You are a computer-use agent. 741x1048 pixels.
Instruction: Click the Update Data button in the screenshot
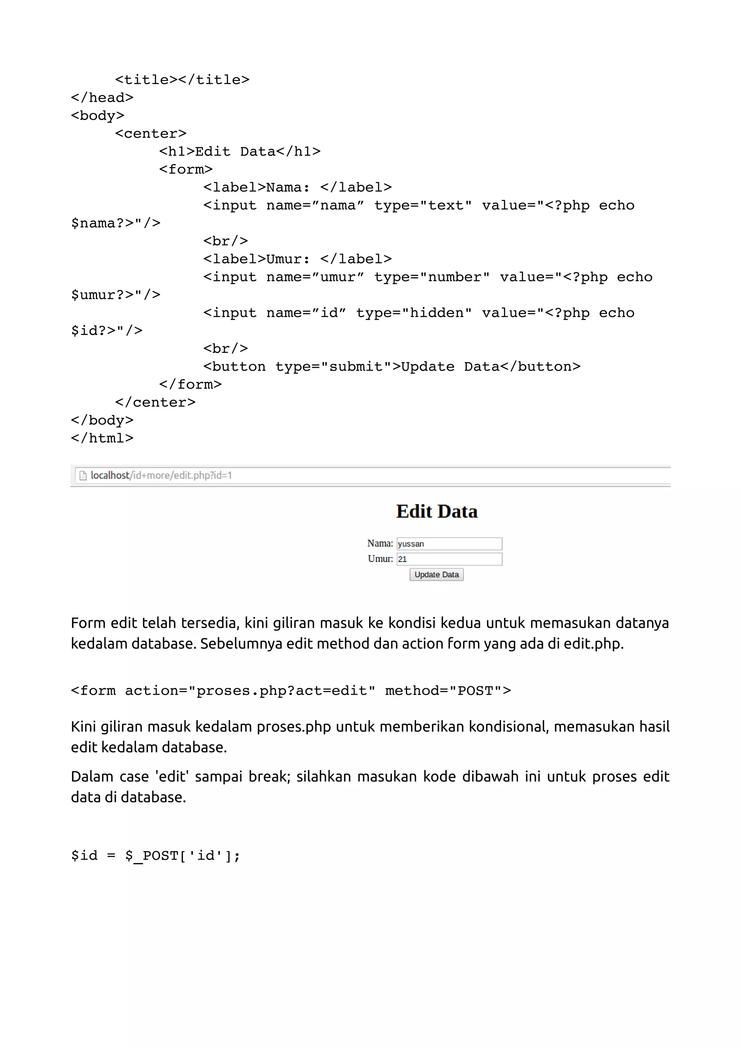(x=436, y=574)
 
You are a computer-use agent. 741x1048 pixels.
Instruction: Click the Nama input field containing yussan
(x=449, y=544)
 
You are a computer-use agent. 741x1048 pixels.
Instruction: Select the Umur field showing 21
(x=449, y=559)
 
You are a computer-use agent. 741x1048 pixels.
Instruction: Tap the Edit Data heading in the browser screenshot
(x=436, y=511)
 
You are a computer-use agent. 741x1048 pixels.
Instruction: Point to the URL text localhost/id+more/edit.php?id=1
(x=161, y=476)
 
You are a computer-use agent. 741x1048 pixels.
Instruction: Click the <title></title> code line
(x=182, y=80)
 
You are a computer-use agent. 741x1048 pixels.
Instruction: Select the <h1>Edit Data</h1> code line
(x=240, y=152)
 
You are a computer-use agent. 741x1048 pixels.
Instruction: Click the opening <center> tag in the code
(x=151, y=134)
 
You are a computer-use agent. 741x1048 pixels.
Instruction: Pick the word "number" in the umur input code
(x=454, y=277)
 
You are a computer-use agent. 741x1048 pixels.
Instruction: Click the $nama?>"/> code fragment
(x=115, y=223)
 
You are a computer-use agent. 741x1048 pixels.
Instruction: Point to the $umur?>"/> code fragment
(x=115, y=295)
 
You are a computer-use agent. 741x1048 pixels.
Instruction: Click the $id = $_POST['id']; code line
(x=155, y=855)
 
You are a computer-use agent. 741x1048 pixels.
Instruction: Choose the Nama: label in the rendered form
(x=380, y=543)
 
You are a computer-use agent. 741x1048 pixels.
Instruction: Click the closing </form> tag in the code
(x=190, y=385)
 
